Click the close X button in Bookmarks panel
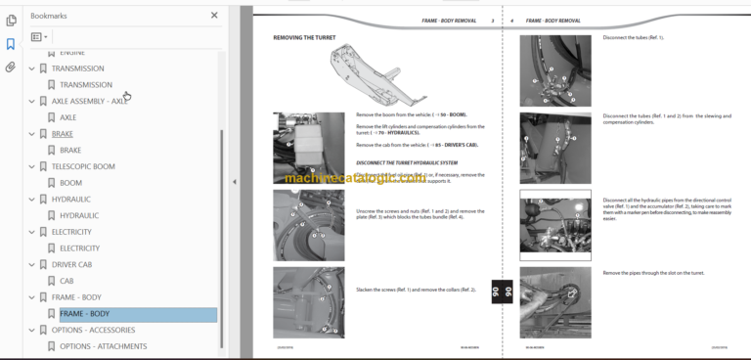[214, 16]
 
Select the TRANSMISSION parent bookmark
[77, 68]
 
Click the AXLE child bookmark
[67, 117]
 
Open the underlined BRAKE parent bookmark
[63, 134]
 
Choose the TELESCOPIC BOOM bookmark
[83, 166]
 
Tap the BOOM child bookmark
[70, 183]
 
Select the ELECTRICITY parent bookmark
[71, 232]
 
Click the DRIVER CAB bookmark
[71, 264]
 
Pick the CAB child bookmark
[66, 281]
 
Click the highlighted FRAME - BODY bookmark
[84, 314]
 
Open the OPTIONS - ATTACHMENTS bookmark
[103, 346]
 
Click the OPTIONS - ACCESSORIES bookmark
[93, 330]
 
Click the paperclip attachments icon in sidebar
[11, 67]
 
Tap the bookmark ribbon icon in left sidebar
[11, 44]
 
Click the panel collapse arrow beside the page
[234, 182]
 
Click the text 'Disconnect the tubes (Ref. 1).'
[633, 37]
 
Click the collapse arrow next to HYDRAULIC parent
[31, 200]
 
